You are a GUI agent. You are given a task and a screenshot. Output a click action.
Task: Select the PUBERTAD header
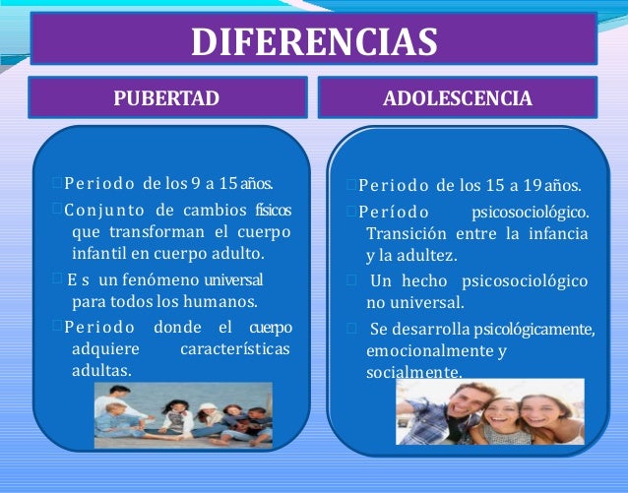pyautogui.click(x=165, y=98)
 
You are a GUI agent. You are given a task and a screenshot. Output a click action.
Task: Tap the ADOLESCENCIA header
pyautogui.click(x=458, y=98)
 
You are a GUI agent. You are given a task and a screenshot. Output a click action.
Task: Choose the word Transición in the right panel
pyautogui.click(x=404, y=233)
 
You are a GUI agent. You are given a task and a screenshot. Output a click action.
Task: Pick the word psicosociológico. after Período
pyautogui.click(x=531, y=212)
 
